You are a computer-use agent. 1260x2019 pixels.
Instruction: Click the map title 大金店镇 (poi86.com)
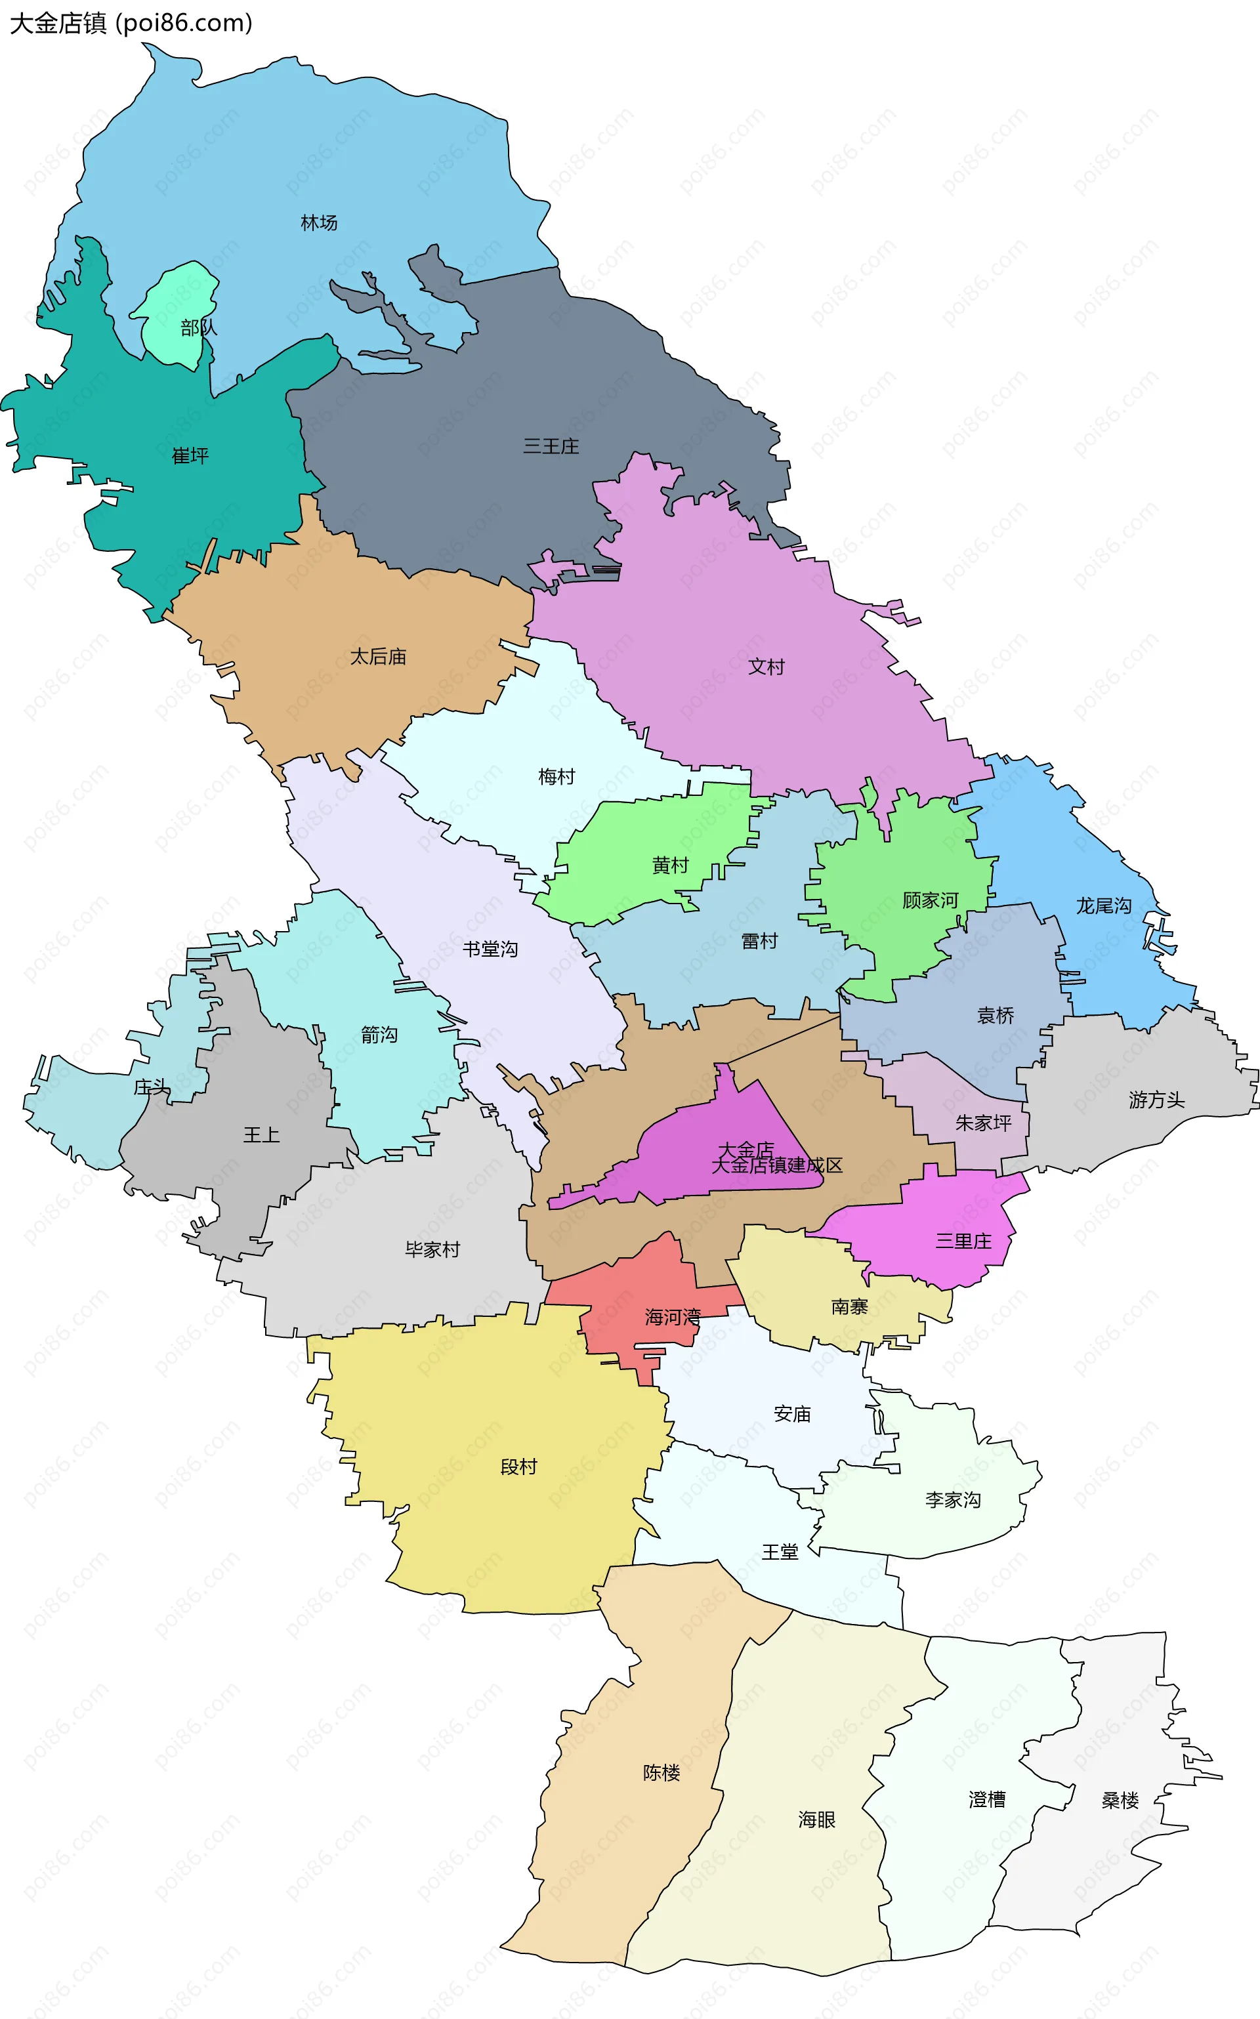(x=131, y=24)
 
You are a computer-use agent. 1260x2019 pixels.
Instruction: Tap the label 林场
(x=319, y=222)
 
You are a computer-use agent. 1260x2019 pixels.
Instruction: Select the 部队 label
(x=198, y=328)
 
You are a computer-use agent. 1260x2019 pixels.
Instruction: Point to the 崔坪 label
(x=190, y=456)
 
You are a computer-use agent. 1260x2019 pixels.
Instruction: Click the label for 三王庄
(x=551, y=447)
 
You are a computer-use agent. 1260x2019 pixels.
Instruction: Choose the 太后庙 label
(x=379, y=657)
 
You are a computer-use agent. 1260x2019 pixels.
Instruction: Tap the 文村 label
(x=766, y=667)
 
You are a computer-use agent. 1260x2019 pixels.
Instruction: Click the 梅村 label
(x=556, y=777)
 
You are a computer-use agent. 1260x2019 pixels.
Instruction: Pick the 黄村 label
(x=670, y=865)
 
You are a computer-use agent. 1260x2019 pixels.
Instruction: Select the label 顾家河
(x=930, y=901)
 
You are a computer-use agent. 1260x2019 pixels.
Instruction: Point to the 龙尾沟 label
(x=1103, y=905)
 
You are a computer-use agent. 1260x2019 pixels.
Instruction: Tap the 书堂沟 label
(x=490, y=949)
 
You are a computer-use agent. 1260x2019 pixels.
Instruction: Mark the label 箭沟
(x=379, y=1035)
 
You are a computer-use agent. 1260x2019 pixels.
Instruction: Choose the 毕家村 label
(x=432, y=1250)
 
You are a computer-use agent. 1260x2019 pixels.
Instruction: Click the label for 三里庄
(x=963, y=1241)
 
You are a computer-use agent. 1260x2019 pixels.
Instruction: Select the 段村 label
(x=518, y=1467)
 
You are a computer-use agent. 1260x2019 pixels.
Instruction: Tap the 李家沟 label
(x=952, y=1500)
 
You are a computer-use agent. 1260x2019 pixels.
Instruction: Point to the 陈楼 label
(x=661, y=1772)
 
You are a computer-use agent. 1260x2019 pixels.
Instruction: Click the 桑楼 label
(x=1120, y=1800)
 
